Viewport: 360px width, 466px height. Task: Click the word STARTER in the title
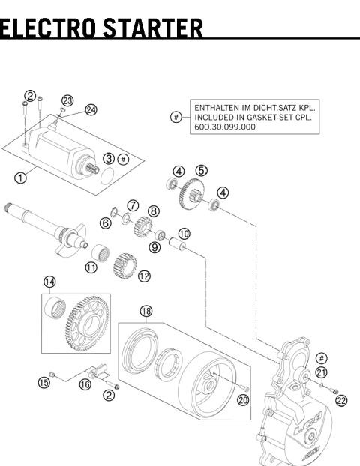[153, 28]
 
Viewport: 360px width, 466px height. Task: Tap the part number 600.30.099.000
[225, 127]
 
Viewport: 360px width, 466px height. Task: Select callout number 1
[20, 178]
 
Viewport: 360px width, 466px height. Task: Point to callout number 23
[67, 100]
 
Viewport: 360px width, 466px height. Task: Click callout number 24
[91, 110]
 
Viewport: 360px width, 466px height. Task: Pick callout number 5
[202, 171]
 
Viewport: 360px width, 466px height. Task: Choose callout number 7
[133, 205]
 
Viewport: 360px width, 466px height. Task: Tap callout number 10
[184, 234]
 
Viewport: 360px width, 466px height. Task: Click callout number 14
[49, 282]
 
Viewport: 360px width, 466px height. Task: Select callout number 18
[146, 311]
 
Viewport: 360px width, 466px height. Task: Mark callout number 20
[243, 400]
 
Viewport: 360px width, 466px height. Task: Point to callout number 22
[341, 401]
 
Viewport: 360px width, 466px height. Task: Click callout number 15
[44, 383]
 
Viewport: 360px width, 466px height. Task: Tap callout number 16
[85, 384]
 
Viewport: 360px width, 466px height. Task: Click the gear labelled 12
[125, 266]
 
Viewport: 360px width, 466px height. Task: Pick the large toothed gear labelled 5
[192, 193]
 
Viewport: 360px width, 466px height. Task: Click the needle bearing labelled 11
[100, 252]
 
